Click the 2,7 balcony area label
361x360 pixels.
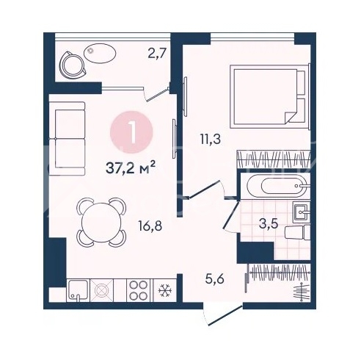(x=157, y=53)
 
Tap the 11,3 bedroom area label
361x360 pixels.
(x=211, y=140)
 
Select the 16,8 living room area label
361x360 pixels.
(x=150, y=226)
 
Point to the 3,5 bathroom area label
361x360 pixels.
(x=269, y=223)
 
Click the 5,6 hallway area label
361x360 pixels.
(x=215, y=279)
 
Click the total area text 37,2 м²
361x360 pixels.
(x=131, y=168)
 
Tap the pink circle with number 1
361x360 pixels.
(x=131, y=132)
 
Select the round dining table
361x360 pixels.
(x=101, y=223)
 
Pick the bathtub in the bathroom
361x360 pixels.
(x=277, y=186)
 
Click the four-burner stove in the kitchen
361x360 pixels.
(x=139, y=290)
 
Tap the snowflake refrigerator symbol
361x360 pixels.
(x=165, y=290)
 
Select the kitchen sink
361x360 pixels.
(x=78, y=290)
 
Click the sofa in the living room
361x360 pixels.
(x=67, y=138)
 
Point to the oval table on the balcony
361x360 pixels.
(x=100, y=52)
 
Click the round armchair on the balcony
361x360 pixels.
(x=73, y=64)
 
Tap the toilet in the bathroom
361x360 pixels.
(x=297, y=232)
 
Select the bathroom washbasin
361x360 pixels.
(x=302, y=212)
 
